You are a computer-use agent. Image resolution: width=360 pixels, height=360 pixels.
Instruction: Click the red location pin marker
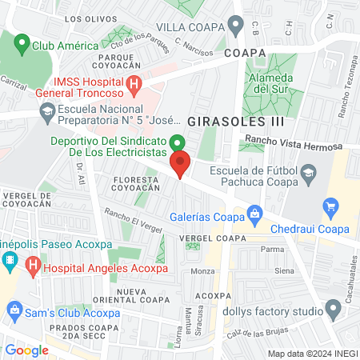coord(181,166)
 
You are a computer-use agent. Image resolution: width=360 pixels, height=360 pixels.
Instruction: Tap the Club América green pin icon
coord(22,43)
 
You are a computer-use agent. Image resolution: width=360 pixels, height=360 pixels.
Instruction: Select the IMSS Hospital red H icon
coord(134,83)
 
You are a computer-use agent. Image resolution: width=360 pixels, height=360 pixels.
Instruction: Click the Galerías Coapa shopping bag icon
coord(254,213)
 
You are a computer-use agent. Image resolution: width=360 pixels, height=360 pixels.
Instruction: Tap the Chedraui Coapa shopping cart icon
coord(330,207)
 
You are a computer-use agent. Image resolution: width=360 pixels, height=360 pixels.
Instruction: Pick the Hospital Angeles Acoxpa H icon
coord(33,263)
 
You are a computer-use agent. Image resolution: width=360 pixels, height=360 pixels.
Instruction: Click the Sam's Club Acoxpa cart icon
coord(14,309)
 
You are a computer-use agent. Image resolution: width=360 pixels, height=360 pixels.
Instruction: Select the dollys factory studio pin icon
coord(334,309)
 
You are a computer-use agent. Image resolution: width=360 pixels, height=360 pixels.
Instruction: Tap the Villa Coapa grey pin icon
coord(235,25)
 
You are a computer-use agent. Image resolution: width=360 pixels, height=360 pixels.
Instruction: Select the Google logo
coord(26,350)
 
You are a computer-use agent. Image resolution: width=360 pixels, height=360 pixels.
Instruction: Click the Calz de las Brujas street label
coord(253,333)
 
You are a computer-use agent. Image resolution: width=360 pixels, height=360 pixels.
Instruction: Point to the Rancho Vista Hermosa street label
coord(294,143)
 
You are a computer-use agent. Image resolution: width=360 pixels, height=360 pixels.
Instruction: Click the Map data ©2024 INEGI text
coord(312,353)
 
